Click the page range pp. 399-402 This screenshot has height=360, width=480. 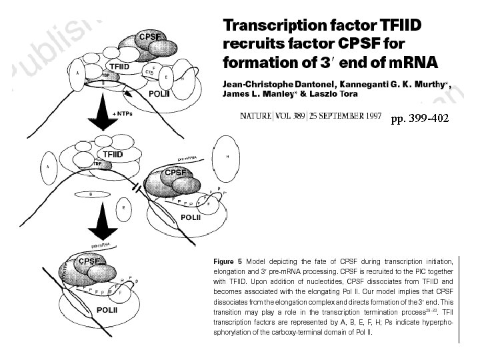(x=419, y=118)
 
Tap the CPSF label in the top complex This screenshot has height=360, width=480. (x=147, y=37)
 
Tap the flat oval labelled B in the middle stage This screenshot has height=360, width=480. (x=91, y=194)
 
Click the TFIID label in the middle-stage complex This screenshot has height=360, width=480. (x=113, y=154)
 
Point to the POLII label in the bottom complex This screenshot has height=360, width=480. (x=109, y=309)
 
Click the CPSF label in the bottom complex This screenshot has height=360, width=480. (x=89, y=261)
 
